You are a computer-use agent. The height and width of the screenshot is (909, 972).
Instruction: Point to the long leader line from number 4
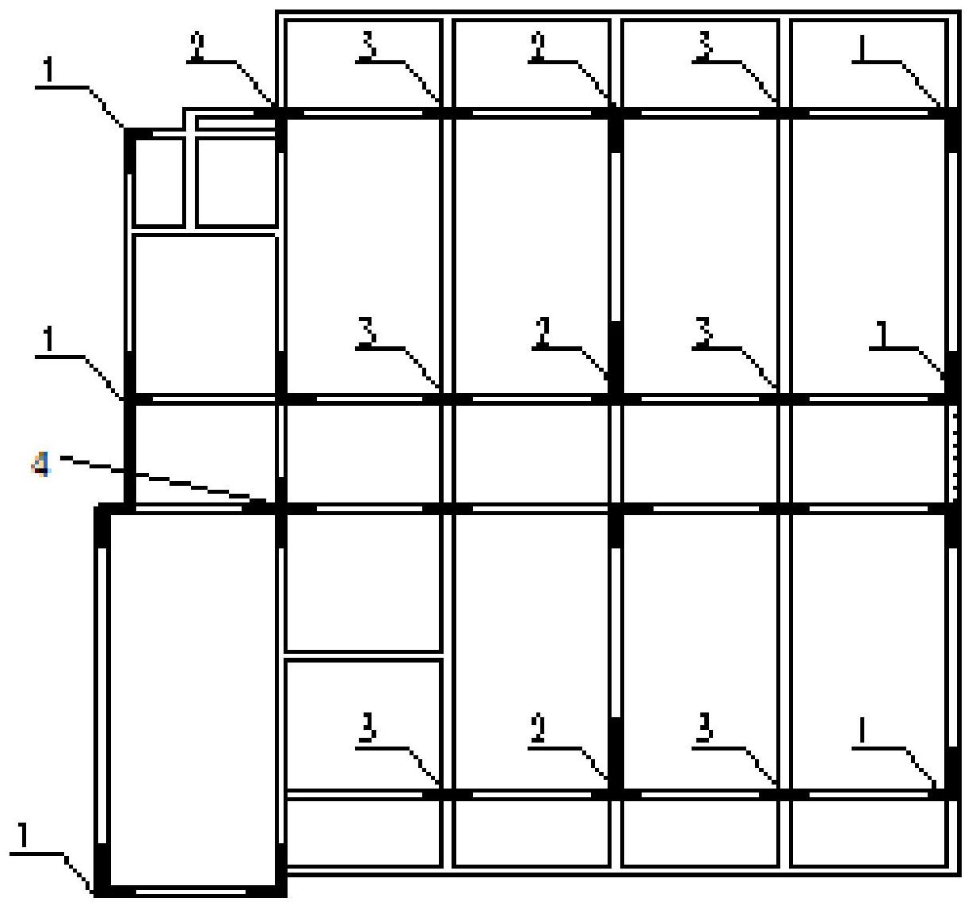pyautogui.click(x=163, y=479)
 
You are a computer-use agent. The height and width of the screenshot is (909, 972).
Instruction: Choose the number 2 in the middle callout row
pyautogui.click(x=543, y=331)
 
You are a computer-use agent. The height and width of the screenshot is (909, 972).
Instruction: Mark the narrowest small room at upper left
pyautogui.click(x=158, y=182)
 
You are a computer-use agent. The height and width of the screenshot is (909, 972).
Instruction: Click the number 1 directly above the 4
pyautogui.click(x=48, y=341)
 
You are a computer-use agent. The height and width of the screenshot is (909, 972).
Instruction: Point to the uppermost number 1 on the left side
pyautogui.click(x=48, y=71)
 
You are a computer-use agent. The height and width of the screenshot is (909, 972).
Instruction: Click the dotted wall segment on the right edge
pyautogui.click(x=954, y=456)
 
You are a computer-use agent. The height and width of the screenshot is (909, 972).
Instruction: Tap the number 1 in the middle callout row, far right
pyautogui.click(x=882, y=334)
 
